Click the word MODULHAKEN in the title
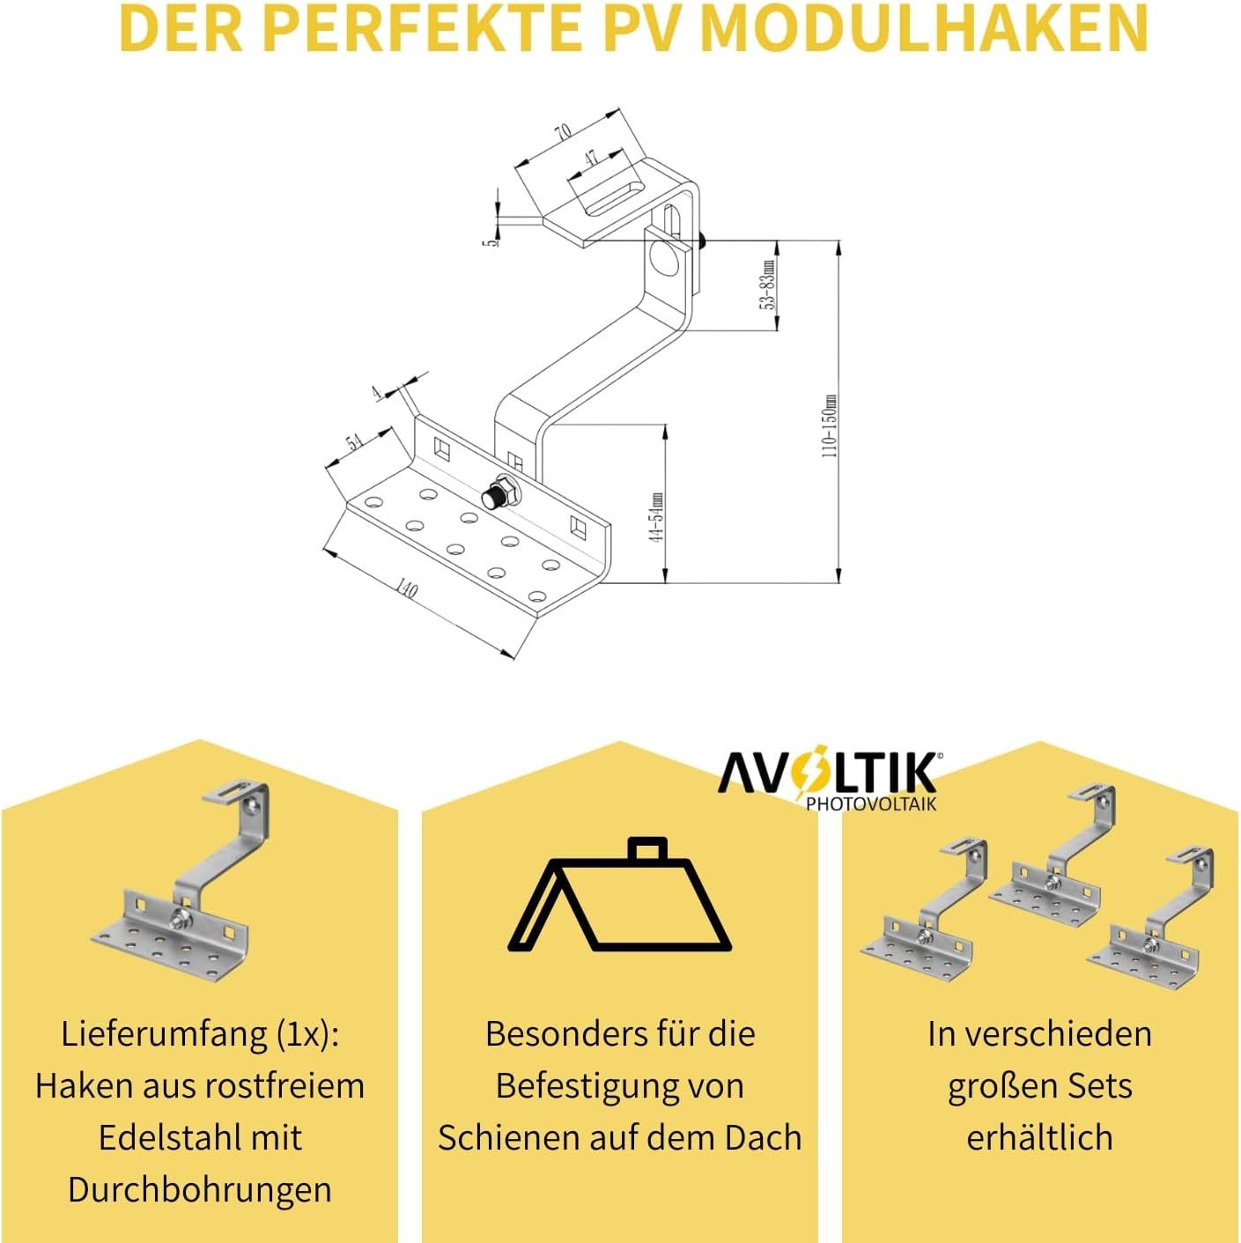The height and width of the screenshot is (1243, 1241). click(x=925, y=28)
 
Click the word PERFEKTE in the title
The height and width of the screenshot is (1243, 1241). click(x=421, y=28)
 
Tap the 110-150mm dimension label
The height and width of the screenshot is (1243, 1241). click(x=829, y=425)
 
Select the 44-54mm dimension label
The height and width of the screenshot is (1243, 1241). click(x=656, y=517)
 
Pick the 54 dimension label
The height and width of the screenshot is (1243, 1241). click(x=354, y=442)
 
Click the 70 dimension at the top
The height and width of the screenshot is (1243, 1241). click(x=562, y=132)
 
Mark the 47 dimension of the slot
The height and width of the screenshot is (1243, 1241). click(x=589, y=158)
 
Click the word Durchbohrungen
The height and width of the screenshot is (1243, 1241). click(x=200, y=1189)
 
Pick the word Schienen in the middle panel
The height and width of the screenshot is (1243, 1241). click(x=501, y=1137)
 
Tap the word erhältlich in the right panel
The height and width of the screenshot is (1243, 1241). click(x=1039, y=1137)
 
